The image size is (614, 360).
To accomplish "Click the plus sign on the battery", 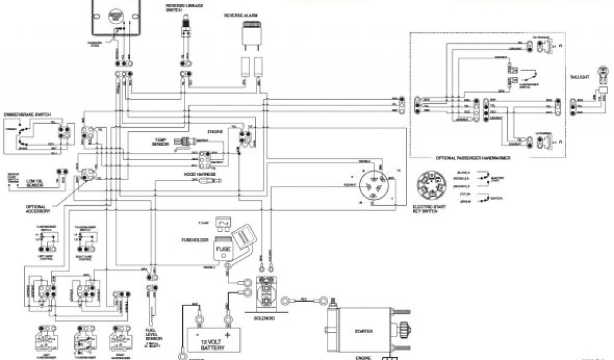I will tap(228, 333).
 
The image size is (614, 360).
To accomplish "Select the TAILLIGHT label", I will tap(580, 77).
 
